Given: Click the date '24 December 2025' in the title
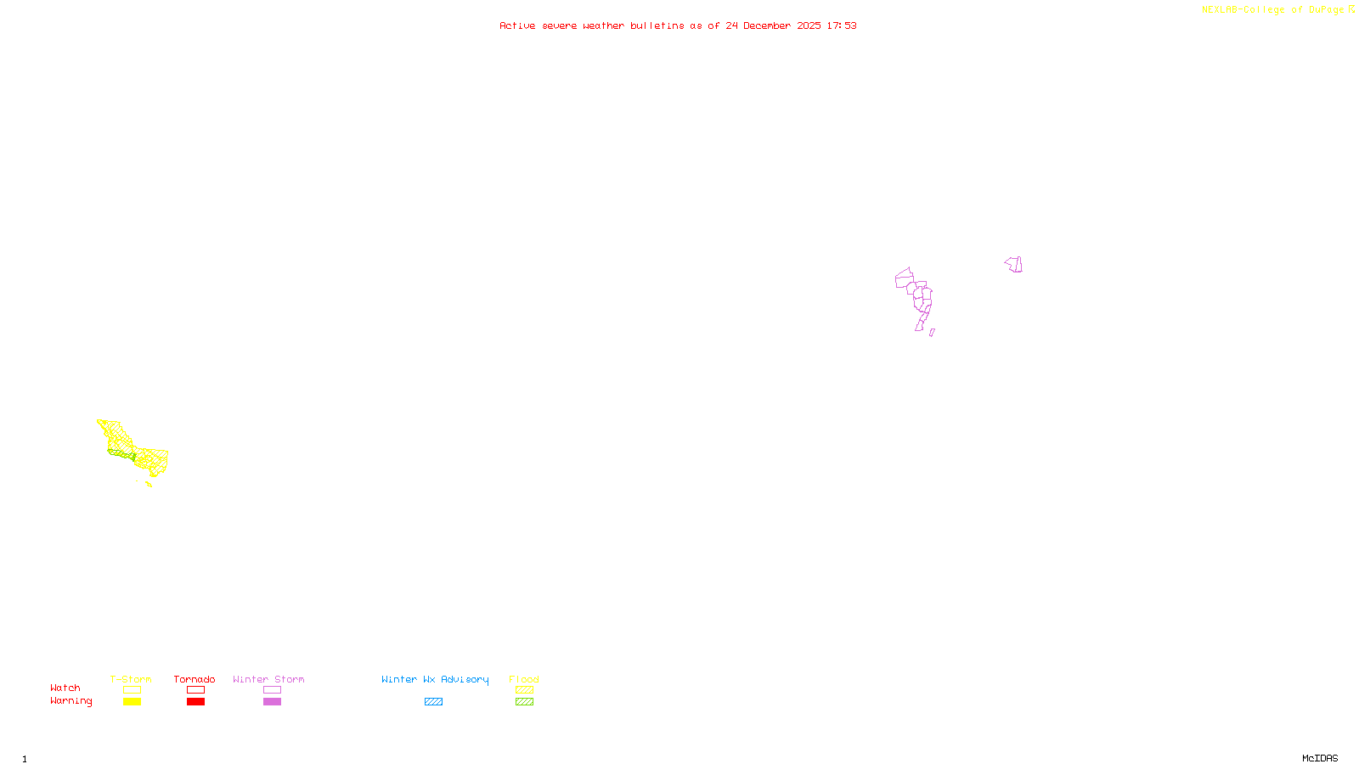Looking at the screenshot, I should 773,26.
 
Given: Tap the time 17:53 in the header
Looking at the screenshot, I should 842,26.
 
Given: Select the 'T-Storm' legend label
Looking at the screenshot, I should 131,679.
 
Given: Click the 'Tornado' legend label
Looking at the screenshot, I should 195,679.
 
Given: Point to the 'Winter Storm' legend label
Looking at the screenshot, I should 268,679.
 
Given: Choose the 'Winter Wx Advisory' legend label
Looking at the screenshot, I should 435,679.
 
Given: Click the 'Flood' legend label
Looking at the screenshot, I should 524,679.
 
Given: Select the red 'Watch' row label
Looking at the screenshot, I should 65,688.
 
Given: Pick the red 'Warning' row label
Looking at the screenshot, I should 71,701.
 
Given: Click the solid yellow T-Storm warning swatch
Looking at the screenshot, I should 132,702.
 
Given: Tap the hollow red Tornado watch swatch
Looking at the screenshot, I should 195,690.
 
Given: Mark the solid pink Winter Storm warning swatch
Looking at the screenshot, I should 272,702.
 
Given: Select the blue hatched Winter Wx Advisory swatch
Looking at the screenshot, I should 433,702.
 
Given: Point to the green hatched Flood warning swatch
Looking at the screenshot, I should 524,702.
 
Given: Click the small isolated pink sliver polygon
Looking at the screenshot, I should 932,333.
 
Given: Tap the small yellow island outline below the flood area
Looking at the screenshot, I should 149,485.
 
